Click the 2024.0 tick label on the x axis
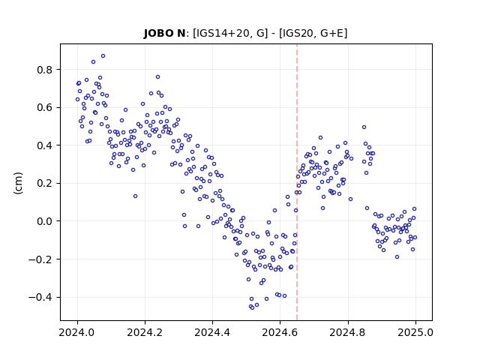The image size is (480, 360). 77,332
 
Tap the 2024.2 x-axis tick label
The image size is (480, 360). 145,332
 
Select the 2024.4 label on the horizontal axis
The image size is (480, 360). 212,332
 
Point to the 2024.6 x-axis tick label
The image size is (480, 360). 280,332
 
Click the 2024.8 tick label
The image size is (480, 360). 348,332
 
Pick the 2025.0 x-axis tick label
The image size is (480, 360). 415,332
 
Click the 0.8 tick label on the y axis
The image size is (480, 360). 44,70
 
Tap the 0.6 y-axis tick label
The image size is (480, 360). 44,108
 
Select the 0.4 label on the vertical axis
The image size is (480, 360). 44,145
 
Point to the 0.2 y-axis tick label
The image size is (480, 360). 44,183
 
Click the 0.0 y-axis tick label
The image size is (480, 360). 44,221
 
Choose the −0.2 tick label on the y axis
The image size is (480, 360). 40,259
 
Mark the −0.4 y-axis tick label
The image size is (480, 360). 40,297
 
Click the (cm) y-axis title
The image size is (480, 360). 18,183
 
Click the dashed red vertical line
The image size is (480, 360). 297,182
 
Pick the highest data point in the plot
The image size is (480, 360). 103,56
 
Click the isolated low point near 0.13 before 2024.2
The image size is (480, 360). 135,196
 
